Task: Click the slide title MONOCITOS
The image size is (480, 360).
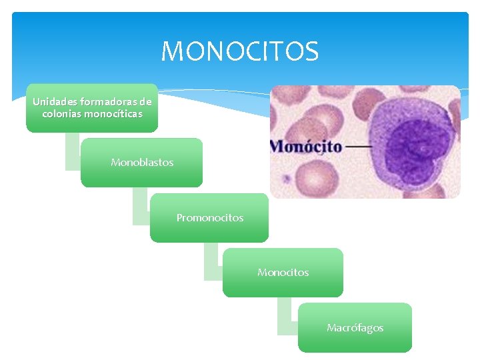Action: coord(240,51)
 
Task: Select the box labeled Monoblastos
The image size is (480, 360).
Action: coord(142,163)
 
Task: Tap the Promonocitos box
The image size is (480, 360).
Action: coord(209,218)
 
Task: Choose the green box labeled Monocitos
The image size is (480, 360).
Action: coord(283,273)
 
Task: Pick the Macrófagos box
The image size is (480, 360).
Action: coord(355,328)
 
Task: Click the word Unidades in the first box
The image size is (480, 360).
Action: coord(55,102)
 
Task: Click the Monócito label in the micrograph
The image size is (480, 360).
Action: coord(306,147)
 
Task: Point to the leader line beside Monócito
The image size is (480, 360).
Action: coord(360,147)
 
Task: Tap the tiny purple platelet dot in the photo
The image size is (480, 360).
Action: coord(287,179)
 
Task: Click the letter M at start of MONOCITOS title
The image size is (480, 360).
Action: coord(172,51)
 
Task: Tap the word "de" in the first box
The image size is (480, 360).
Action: coord(145,102)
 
